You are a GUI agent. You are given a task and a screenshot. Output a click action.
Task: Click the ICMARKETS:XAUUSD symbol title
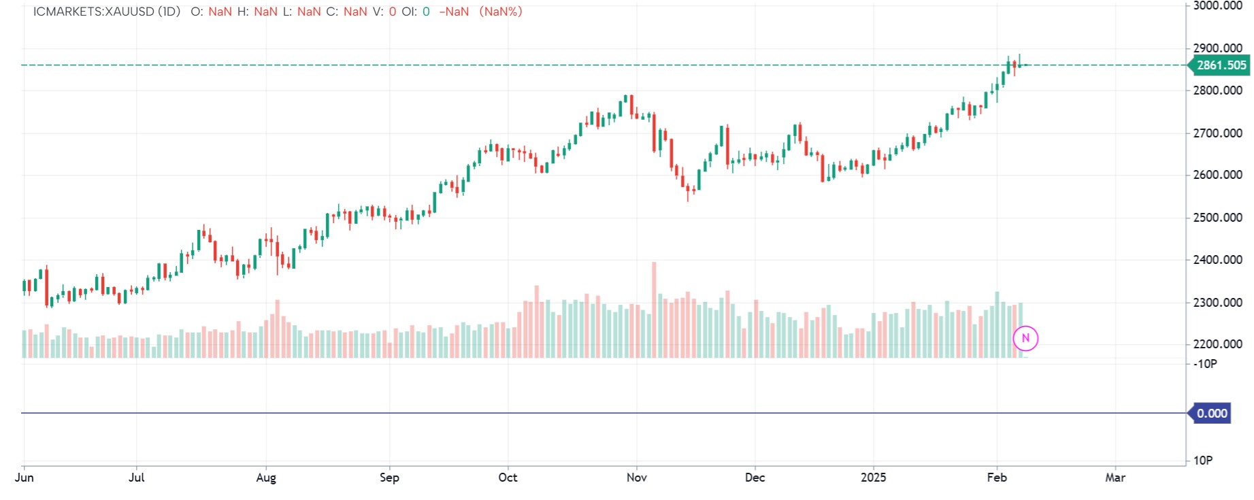(x=106, y=12)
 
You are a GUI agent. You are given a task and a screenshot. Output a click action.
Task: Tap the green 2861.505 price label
(x=1221, y=65)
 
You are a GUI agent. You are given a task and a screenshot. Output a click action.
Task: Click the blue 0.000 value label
(x=1211, y=414)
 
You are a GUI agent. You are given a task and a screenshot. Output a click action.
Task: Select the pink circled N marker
(x=1025, y=338)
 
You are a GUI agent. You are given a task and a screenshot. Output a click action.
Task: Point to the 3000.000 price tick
(x=1218, y=6)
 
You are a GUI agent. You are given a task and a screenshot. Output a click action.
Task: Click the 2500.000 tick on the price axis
(x=1218, y=218)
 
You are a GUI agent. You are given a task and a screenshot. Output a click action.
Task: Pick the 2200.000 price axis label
(x=1218, y=344)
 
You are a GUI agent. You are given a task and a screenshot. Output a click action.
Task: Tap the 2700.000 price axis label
(x=1218, y=133)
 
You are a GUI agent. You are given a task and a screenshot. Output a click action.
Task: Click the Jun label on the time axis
(x=24, y=478)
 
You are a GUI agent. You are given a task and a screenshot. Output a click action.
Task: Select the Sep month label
(x=389, y=478)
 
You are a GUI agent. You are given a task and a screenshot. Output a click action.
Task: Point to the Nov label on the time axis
(x=636, y=478)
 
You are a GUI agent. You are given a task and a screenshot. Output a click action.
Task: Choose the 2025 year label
(x=873, y=478)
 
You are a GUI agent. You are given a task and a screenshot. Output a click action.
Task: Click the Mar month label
(x=1115, y=478)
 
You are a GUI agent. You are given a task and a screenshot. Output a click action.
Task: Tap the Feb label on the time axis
(x=997, y=478)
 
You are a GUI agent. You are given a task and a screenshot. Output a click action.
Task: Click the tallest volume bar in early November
(x=654, y=310)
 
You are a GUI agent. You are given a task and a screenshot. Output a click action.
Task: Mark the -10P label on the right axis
(x=1206, y=364)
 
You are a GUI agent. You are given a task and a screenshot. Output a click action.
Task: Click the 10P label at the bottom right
(x=1203, y=461)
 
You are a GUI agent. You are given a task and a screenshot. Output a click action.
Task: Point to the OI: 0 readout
(x=415, y=12)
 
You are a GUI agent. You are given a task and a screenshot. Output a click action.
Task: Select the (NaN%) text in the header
(x=501, y=12)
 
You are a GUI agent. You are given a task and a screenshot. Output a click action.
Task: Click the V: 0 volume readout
(x=384, y=12)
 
